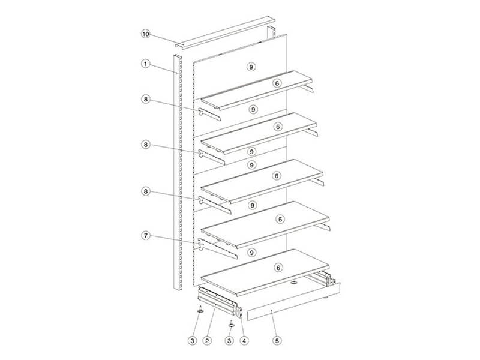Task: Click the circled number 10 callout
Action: pyautogui.click(x=146, y=34)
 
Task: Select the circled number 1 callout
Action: pyautogui.click(x=146, y=64)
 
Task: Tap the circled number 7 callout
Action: pyautogui.click(x=146, y=236)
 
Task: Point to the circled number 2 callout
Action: pyautogui.click(x=208, y=340)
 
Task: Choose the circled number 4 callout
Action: pyautogui.click(x=244, y=340)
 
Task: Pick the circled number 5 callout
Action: pyautogui.click(x=277, y=340)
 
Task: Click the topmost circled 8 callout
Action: pyautogui.click(x=146, y=99)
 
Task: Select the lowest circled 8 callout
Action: pyautogui.click(x=146, y=191)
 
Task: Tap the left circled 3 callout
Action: pyautogui.click(x=192, y=340)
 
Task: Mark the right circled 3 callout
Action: pyautogui.click(x=229, y=340)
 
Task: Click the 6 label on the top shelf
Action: pyautogui.click(x=277, y=83)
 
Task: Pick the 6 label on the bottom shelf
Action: pyautogui.click(x=278, y=268)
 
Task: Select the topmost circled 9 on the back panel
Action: pyautogui.click(x=251, y=67)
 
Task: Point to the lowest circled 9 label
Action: pyautogui.click(x=252, y=253)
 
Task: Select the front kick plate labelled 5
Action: pyautogui.click(x=294, y=302)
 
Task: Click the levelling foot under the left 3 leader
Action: pyautogui.click(x=200, y=311)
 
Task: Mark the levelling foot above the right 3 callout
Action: pyautogui.click(x=231, y=325)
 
